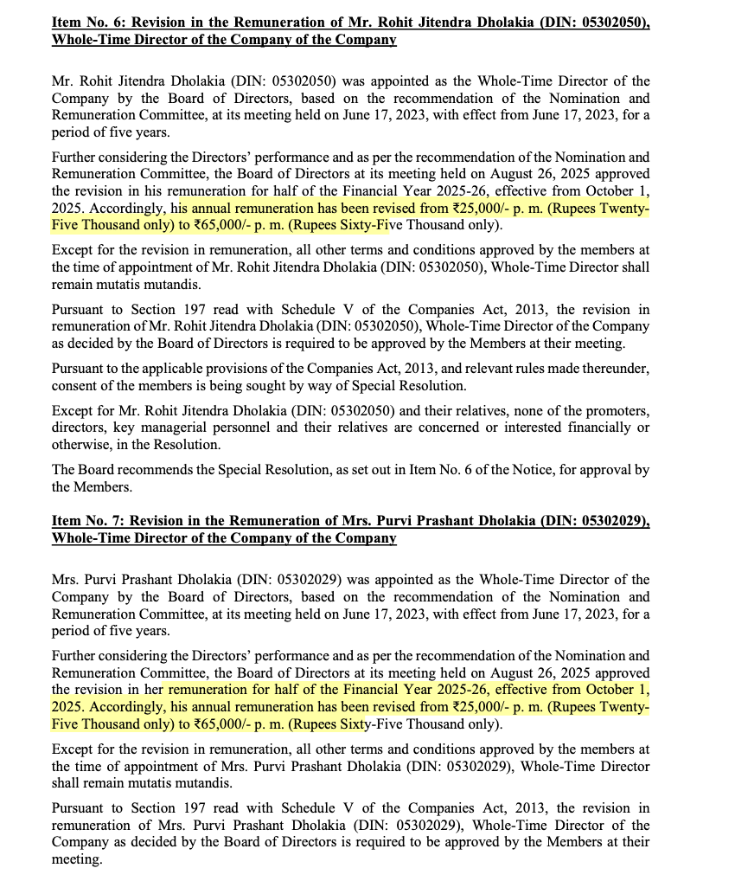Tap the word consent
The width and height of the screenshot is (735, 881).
pos(73,385)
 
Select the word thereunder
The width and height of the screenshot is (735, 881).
pos(615,368)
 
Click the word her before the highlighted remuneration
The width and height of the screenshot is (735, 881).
pos(154,690)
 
